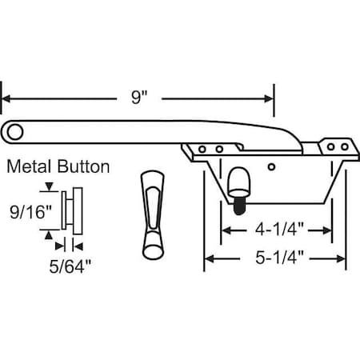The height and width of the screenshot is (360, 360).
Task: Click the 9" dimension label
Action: [x=140, y=98]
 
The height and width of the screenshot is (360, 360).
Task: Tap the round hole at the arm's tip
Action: [x=14, y=130]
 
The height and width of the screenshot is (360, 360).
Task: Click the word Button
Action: [x=82, y=167]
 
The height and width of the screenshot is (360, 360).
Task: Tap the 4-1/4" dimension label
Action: [x=276, y=230]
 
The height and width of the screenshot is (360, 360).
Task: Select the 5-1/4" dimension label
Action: [x=276, y=258]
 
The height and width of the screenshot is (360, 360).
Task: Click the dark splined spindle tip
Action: [x=238, y=203]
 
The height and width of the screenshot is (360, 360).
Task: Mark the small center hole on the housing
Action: [x=273, y=166]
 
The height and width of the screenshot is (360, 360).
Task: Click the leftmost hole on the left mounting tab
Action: [x=204, y=149]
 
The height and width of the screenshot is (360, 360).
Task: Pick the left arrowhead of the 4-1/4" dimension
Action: [x=226, y=230]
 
